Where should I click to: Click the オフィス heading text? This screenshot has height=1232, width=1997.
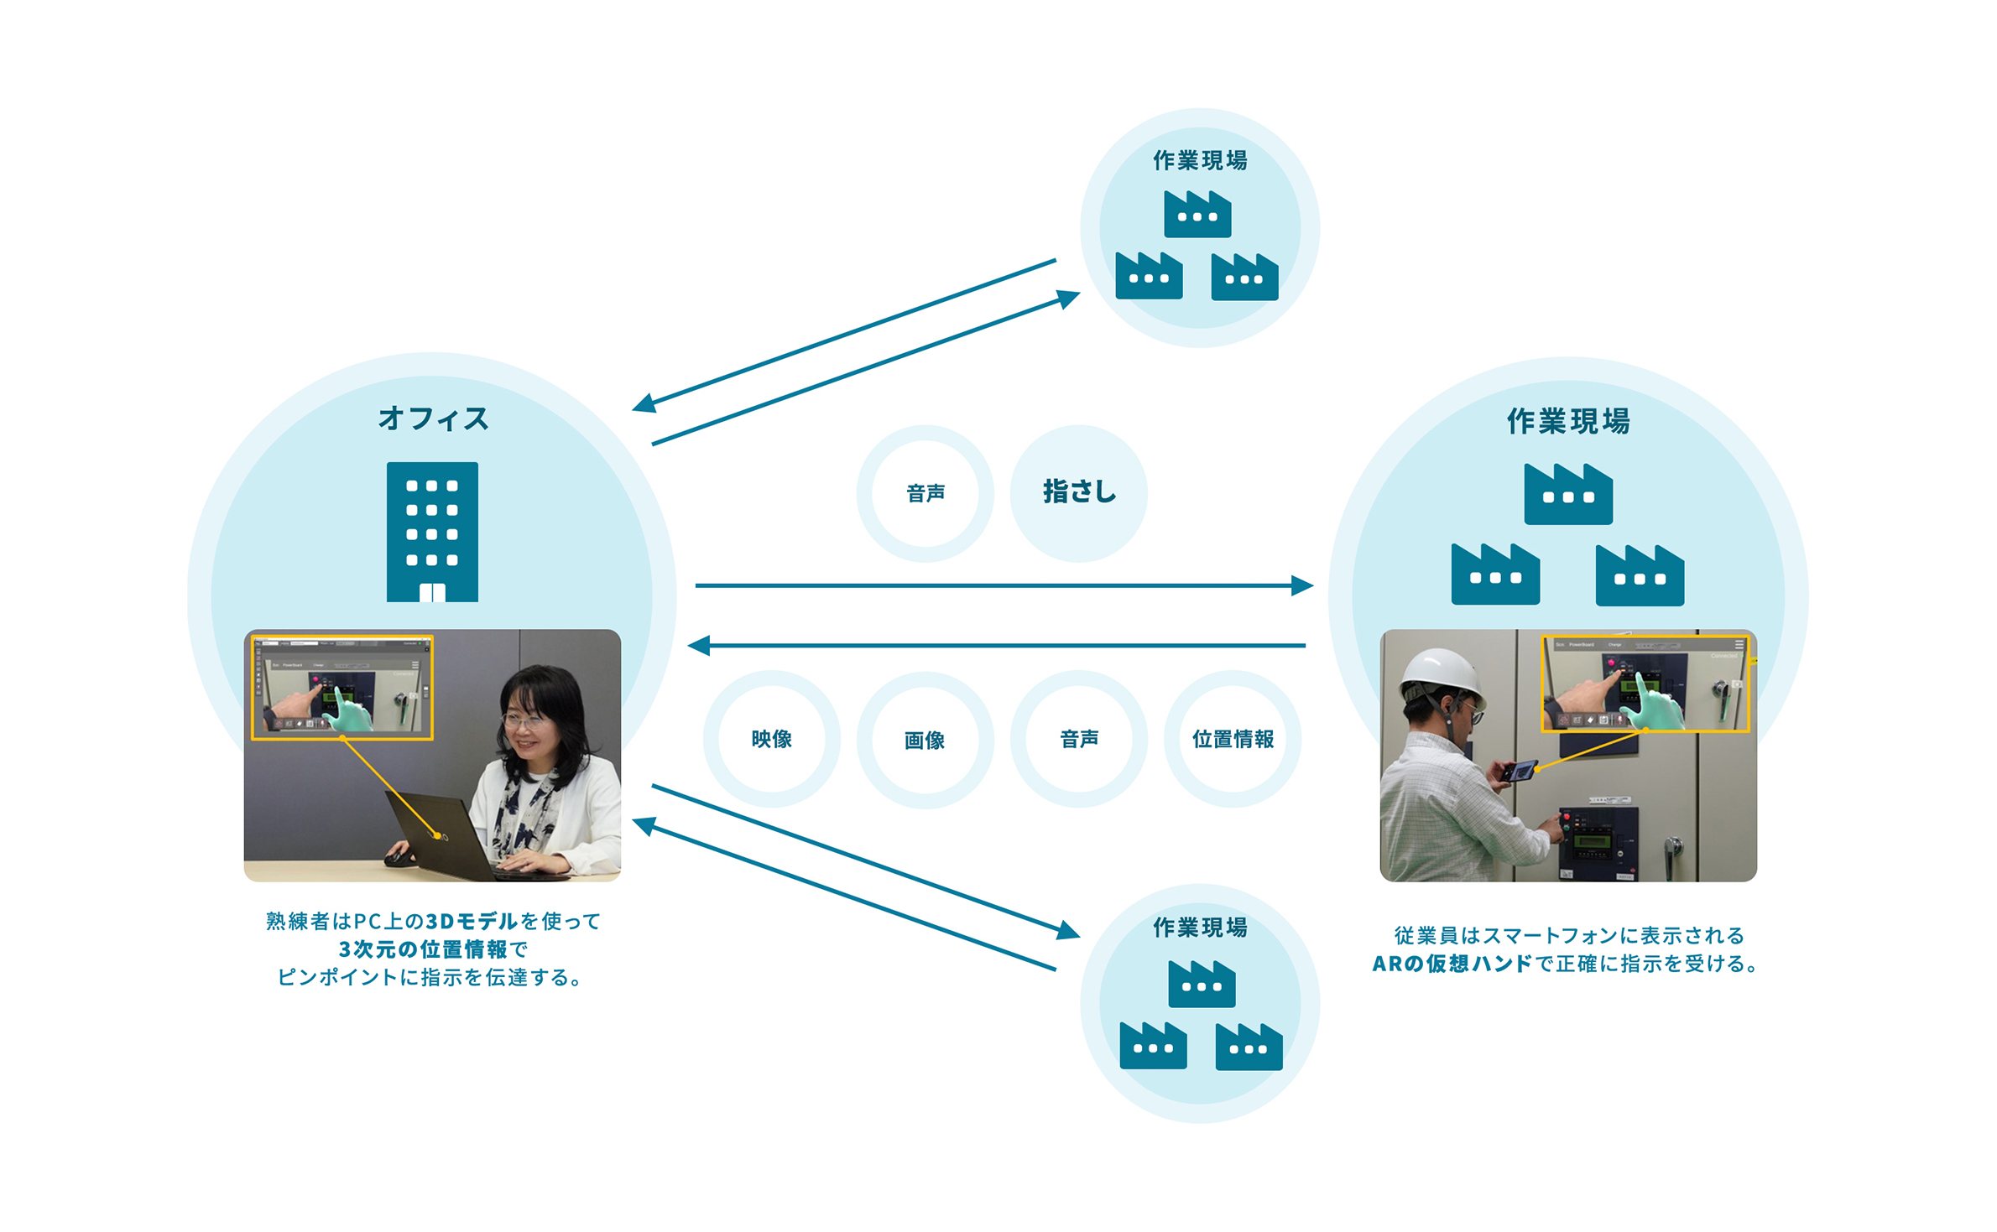point(433,418)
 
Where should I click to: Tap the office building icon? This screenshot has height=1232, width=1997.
point(432,532)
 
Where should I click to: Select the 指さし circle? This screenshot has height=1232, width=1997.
point(1078,493)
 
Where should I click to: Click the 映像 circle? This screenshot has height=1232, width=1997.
point(771,739)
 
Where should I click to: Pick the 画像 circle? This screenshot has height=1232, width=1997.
point(925,740)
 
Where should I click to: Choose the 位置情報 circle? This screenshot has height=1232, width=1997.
point(1233,739)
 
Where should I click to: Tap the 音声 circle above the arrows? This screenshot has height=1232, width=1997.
point(926,493)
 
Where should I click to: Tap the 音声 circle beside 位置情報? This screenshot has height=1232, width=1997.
point(1079,739)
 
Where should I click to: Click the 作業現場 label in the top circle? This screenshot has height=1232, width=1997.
point(1200,160)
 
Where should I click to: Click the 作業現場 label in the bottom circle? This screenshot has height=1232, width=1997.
point(1200,928)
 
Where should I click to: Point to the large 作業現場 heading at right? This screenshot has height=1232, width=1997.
point(1568,421)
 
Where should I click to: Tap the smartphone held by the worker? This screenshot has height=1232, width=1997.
point(1519,770)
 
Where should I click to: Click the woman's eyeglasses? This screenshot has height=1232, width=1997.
point(522,719)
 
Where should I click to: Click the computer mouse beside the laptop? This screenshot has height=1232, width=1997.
point(399,857)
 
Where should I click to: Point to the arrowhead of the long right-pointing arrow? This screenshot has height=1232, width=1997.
point(1302,585)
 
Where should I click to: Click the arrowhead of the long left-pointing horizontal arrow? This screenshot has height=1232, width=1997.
point(698,645)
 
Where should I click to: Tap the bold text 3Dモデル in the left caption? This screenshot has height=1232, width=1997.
point(472,921)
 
